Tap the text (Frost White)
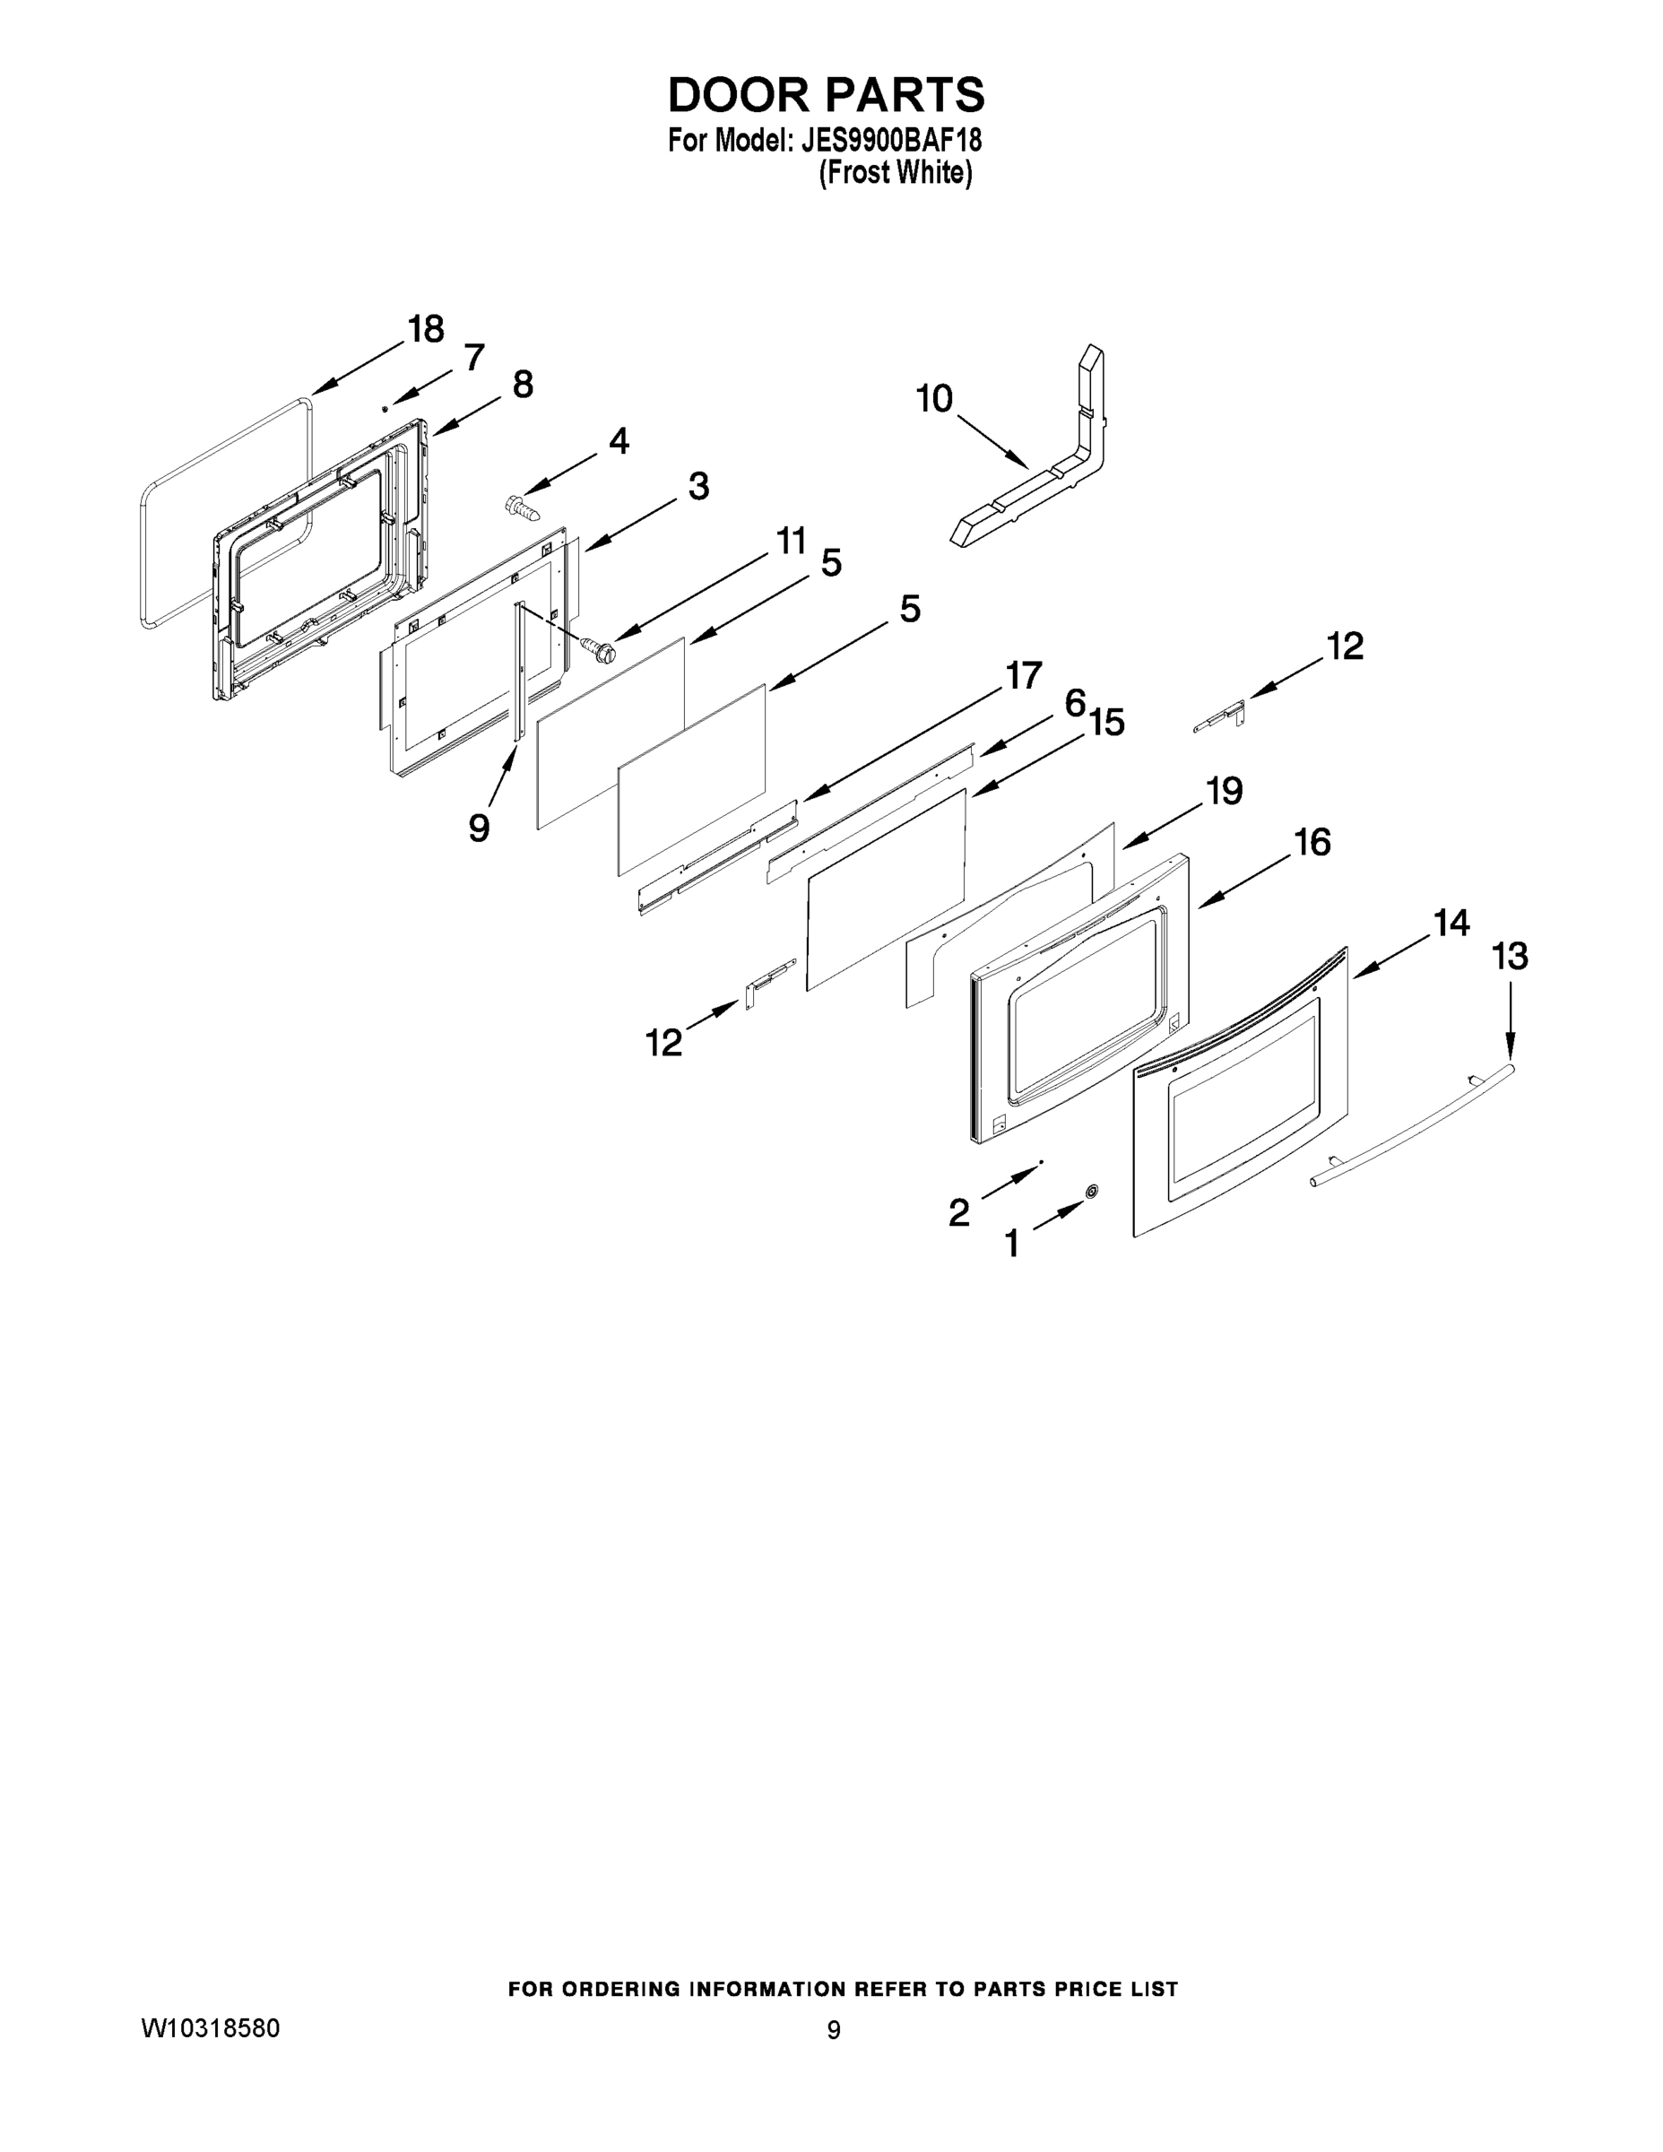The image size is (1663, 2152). (895, 172)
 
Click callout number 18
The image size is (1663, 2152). (426, 329)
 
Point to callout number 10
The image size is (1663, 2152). (934, 399)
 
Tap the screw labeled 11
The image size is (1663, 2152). (597, 647)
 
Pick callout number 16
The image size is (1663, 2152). (1312, 843)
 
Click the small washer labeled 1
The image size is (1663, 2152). (1091, 1193)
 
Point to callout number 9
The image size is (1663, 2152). (479, 828)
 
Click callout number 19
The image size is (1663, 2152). (1225, 790)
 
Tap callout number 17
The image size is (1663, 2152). (1023, 676)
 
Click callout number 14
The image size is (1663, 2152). (1451, 924)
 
